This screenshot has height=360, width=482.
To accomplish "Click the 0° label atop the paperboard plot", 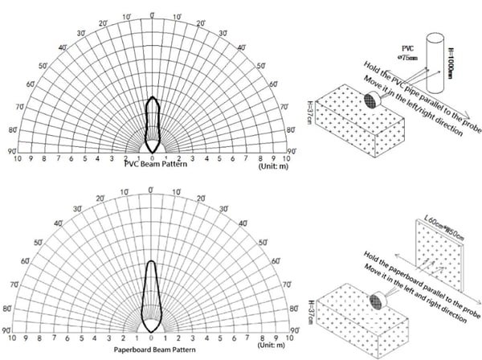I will pos(151,190).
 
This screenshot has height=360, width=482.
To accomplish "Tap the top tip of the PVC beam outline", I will pos(153,97).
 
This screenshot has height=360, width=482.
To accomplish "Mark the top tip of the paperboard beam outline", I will pos(151,260).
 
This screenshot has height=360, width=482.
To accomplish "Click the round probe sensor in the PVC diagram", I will pos(373,100).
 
